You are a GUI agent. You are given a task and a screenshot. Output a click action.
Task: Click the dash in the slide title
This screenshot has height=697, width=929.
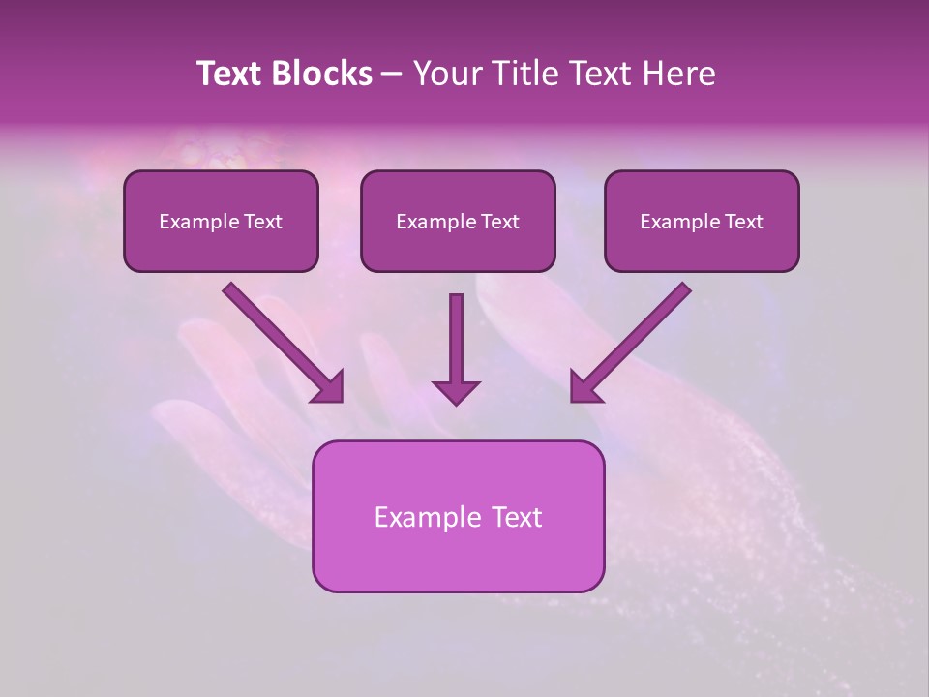(x=392, y=75)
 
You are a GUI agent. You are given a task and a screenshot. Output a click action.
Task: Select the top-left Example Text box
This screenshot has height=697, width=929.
(x=221, y=221)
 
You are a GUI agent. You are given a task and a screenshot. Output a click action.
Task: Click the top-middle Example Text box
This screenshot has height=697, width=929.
(x=458, y=221)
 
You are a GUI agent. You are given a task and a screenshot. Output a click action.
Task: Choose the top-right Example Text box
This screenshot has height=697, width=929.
(x=702, y=221)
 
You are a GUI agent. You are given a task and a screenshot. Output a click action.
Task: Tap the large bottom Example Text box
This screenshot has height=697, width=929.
(x=458, y=516)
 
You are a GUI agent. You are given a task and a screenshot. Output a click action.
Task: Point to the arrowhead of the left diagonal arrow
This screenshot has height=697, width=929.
(x=329, y=387)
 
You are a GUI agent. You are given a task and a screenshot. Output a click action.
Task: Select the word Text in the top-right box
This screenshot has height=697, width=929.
(x=743, y=222)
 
